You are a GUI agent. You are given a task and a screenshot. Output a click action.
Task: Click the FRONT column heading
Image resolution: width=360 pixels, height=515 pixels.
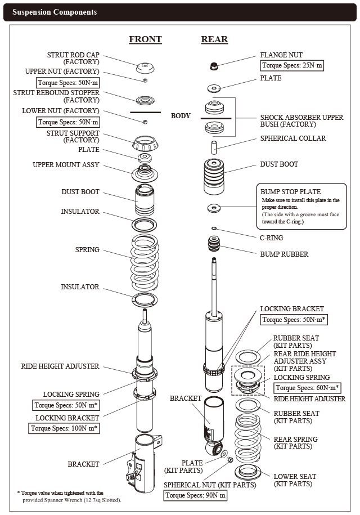145,39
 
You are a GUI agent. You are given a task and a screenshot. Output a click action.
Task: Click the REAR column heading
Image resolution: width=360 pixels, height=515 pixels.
214,39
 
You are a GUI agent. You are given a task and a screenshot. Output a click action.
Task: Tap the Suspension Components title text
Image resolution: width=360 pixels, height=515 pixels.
55,12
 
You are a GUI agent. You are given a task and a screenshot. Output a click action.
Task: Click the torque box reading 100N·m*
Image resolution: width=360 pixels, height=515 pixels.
65,428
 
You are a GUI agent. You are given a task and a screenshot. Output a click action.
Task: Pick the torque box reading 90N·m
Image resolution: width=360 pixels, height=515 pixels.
196,495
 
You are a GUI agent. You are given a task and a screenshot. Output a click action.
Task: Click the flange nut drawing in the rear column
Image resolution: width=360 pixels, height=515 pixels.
214,66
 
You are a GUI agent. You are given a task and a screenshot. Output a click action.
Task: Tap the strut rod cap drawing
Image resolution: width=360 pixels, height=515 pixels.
146,68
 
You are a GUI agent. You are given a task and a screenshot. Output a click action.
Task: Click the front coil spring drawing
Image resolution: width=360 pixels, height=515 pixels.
145,262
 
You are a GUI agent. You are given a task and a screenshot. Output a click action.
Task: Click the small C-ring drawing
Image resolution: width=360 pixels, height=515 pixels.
214,228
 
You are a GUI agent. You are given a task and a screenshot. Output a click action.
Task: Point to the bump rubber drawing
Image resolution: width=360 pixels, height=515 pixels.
214,245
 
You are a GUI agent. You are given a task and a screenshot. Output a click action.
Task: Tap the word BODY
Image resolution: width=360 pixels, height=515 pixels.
181,116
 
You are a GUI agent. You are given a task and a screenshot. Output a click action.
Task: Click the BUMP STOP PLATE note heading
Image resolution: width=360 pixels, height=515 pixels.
289,191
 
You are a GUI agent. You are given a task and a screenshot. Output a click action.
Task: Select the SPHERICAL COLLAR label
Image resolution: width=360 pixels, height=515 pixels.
292,138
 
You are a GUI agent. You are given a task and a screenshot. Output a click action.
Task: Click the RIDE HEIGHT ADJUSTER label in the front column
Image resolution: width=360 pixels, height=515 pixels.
60,366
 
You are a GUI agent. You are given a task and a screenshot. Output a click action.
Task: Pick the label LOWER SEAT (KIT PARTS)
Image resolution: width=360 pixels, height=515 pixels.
294,480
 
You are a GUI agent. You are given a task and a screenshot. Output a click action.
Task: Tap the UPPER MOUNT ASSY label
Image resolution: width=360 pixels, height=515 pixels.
66,165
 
